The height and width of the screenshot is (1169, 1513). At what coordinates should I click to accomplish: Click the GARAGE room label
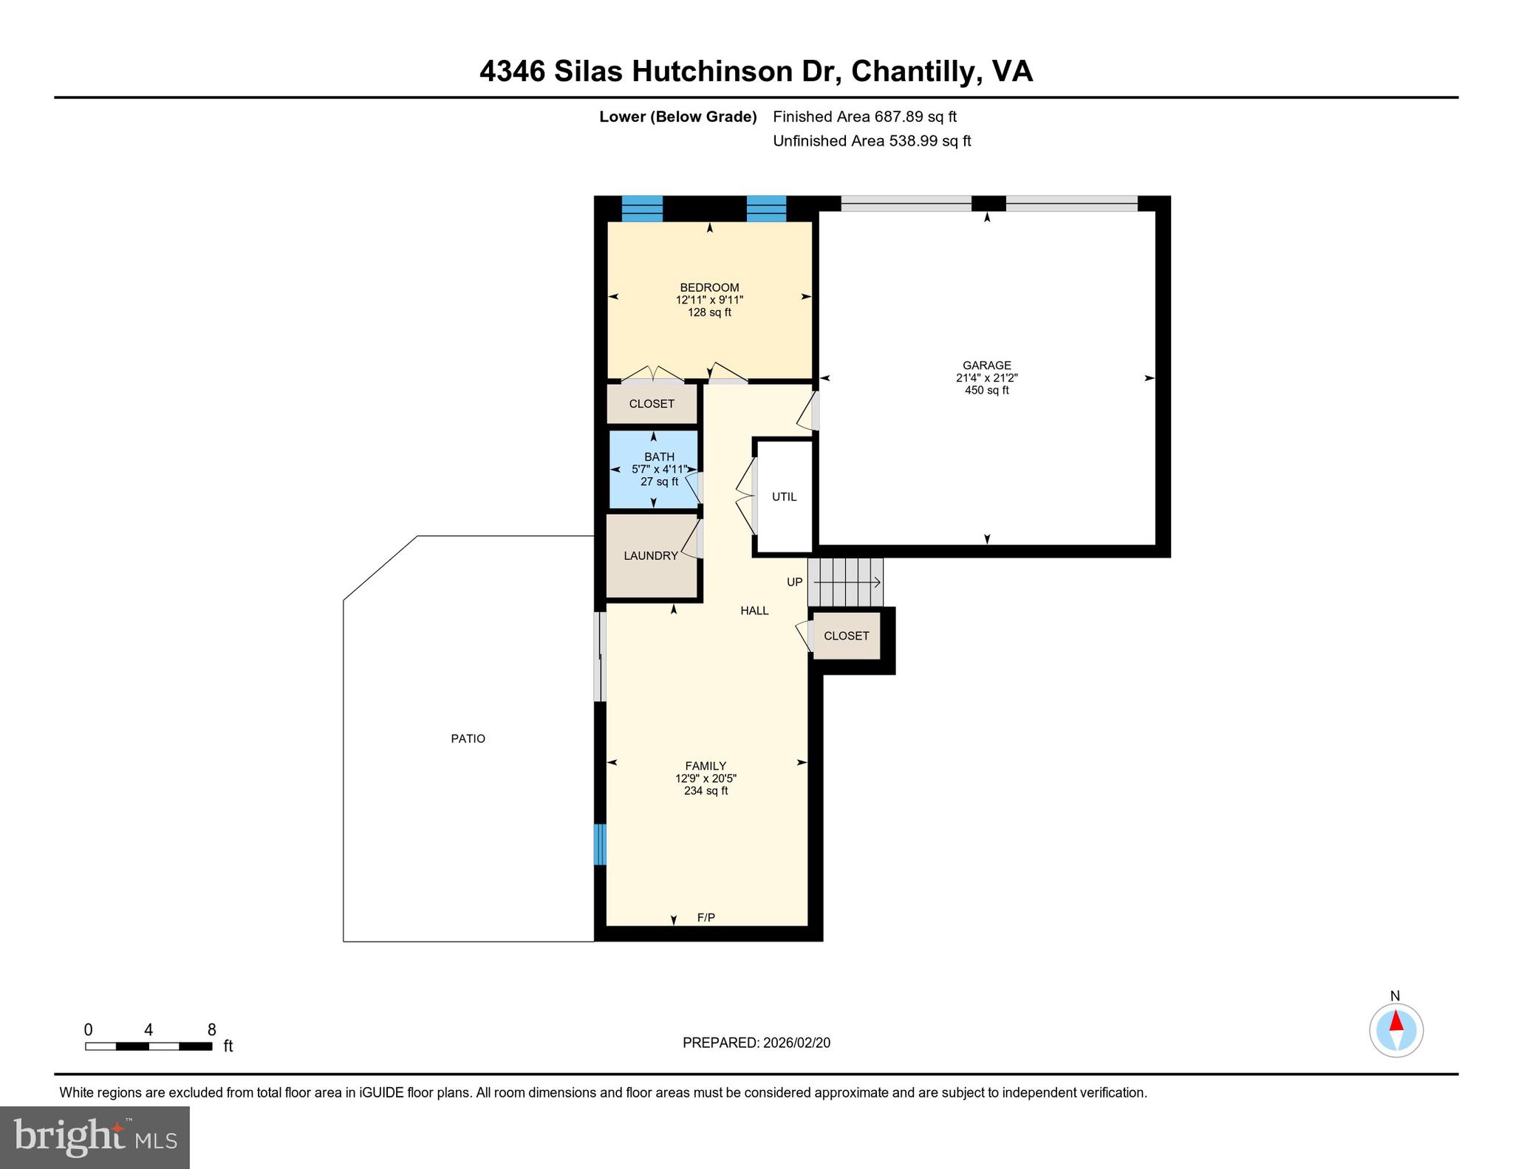point(986,365)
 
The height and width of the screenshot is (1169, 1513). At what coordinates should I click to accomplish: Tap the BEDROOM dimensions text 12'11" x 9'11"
point(709,300)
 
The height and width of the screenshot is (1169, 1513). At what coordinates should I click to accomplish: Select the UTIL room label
point(784,497)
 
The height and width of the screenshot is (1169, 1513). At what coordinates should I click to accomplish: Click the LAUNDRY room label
point(650,555)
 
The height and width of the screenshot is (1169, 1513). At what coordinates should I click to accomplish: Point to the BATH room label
point(659,457)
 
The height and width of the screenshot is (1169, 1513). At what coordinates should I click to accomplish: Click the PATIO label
point(468,738)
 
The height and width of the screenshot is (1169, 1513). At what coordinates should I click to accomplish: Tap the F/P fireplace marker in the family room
point(706,917)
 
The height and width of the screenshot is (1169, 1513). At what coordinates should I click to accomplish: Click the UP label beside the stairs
point(794,582)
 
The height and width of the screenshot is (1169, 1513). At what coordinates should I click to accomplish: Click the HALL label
point(754,611)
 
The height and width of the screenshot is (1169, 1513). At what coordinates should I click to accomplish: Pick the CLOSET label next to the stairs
point(846,636)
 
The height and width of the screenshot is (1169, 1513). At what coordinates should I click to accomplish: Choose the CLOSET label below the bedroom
point(652,404)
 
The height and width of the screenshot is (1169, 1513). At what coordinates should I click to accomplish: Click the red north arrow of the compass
point(1396,1021)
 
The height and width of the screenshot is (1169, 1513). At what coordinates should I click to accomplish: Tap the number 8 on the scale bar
point(211,1029)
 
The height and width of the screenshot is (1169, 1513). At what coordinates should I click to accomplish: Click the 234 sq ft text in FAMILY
point(706,791)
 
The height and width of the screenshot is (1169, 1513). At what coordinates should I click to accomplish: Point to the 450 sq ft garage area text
point(986,390)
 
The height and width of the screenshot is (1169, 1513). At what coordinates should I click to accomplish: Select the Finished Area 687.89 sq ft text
point(864,117)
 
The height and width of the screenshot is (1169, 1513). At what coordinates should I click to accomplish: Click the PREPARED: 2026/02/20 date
point(756,1043)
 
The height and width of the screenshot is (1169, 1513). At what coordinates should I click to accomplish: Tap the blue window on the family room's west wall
point(600,844)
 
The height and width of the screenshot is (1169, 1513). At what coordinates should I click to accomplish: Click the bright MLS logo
point(95,1137)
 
